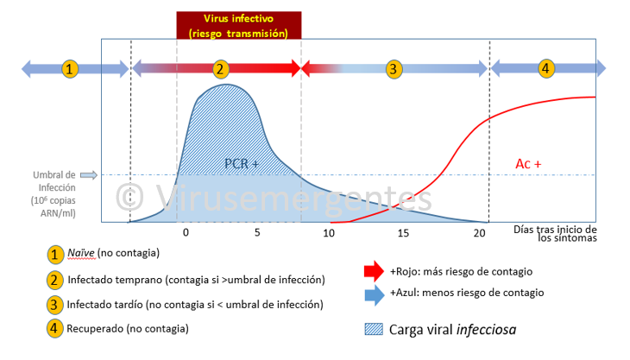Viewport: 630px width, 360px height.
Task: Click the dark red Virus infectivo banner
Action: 239,25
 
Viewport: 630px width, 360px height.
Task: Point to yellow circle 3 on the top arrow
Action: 394,67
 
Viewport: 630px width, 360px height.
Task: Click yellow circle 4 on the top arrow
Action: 545,67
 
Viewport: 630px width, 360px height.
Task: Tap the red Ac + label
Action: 529,163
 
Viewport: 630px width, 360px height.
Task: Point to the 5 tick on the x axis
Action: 256,233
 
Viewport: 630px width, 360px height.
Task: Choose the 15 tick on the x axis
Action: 404,233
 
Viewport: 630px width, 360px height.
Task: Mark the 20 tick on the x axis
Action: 479,233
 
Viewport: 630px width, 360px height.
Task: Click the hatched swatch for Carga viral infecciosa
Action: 375,328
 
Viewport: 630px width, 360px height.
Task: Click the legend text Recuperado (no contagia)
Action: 128,328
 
